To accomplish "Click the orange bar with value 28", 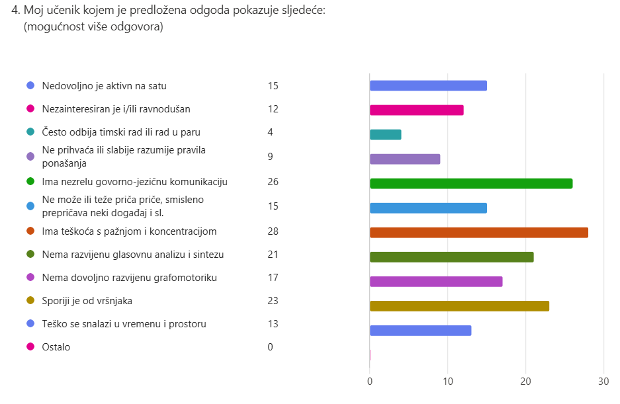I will [x=478, y=232].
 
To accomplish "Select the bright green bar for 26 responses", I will [x=470, y=183].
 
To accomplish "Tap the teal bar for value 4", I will [x=385, y=134].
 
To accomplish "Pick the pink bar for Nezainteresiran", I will [x=416, y=110].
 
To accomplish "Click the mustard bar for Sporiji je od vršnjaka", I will [x=459, y=305].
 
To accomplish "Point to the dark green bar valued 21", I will [x=451, y=257].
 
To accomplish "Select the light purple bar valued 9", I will [x=404, y=159].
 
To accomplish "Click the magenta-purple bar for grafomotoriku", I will [x=435, y=281].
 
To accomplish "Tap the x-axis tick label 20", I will [x=525, y=382].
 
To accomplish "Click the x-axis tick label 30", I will [x=603, y=382].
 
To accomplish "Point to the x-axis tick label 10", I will [x=448, y=382].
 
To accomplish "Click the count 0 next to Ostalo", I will [x=271, y=347].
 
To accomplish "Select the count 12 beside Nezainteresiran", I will [x=273, y=109].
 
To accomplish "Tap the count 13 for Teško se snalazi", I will [x=273, y=324].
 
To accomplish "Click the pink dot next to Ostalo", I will [x=30, y=347].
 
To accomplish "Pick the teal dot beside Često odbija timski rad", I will [x=30, y=132].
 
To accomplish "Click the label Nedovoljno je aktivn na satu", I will [x=105, y=86].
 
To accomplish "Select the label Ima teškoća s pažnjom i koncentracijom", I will [x=129, y=231].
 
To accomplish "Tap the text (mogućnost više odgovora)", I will [x=93, y=27].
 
